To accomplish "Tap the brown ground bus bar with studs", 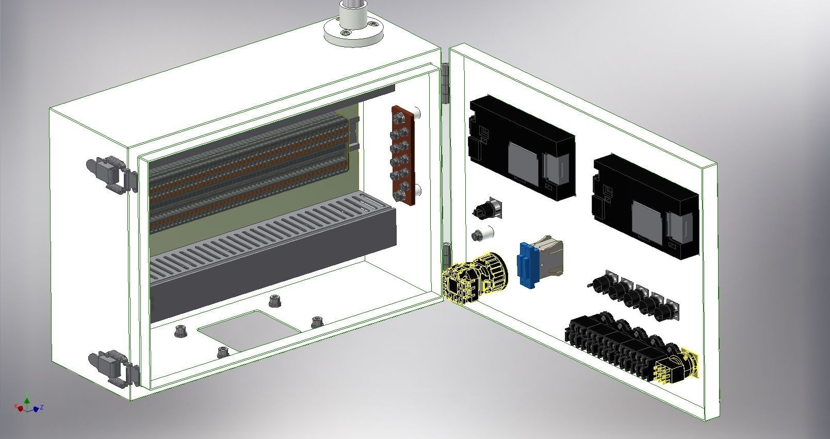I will pyautogui.click(x=403, y=155).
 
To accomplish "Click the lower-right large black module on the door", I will pyautogui.click(x=645, y=206).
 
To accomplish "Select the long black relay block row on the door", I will pyautogui.click(x=614, y=343).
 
